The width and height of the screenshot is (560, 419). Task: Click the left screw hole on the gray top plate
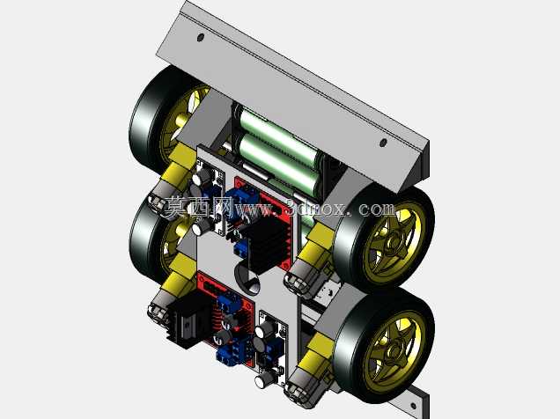coord(201,37)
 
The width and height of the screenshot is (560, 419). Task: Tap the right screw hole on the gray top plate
coord(383,143)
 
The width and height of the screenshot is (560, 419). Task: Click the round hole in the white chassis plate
coord(247,279)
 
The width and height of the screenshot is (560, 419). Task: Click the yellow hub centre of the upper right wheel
coord(394,244)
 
